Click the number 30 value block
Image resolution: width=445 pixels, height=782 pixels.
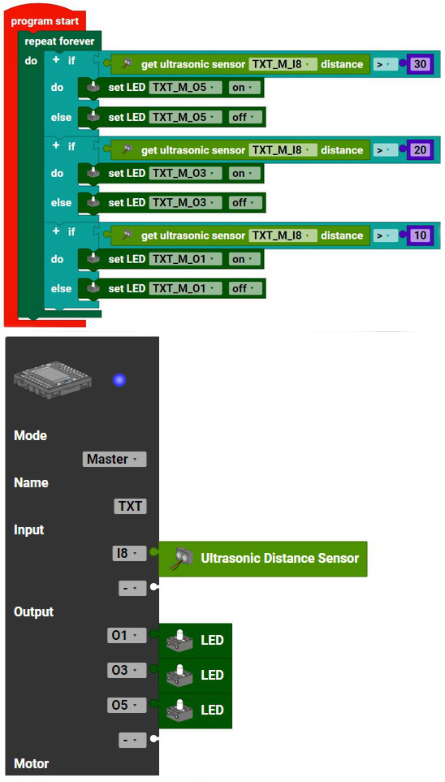(421, 64)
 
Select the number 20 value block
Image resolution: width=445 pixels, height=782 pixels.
(421, 149)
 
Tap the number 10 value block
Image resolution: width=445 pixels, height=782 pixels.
(421, 235)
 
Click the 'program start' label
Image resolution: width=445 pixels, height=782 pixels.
(45, 21)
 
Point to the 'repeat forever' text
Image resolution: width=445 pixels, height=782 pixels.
(59, 41)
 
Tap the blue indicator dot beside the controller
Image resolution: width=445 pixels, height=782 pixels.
(119, 381)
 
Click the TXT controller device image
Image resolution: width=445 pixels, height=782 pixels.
(53, 380)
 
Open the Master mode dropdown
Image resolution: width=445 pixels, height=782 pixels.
(114, 460)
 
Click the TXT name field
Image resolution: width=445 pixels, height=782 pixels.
(130, 507)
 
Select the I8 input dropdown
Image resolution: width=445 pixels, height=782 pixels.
(130, 553)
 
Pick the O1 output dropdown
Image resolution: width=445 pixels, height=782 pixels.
(127, 636)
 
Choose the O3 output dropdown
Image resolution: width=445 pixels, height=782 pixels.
(127, 671)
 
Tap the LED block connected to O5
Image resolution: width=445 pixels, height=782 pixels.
(196, 711)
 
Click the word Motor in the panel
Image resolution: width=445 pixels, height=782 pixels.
(32, 763)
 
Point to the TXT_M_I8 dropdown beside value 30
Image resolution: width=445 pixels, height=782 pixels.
(283, 64)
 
